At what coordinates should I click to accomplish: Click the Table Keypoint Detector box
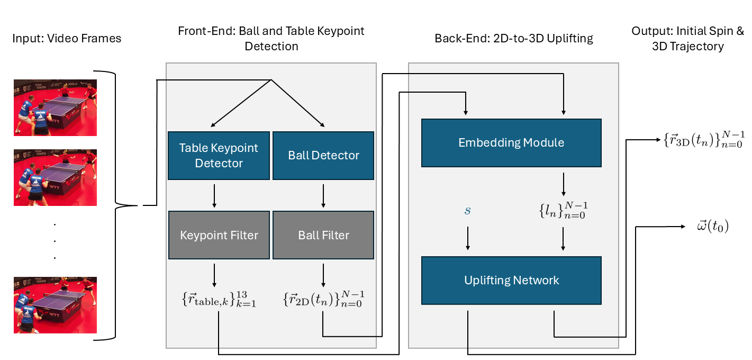[x=219, y=156]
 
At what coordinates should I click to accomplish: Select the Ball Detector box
[x=323, y=156]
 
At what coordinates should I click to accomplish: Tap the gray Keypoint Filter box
[x=219, y=235]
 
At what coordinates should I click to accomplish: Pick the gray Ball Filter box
[x=323, y=235]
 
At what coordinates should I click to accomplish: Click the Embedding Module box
[x=511, y=143]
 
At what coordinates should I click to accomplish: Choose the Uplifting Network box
[x=511, y=280]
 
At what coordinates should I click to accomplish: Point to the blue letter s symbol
[x=467, y=211]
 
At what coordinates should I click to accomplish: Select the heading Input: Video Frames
[x=67, y=39]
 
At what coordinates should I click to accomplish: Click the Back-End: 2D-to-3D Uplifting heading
[x=513, y=39]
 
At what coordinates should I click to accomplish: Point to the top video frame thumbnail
[x=55, y=107]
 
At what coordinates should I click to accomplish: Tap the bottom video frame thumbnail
[x=55, y=305]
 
